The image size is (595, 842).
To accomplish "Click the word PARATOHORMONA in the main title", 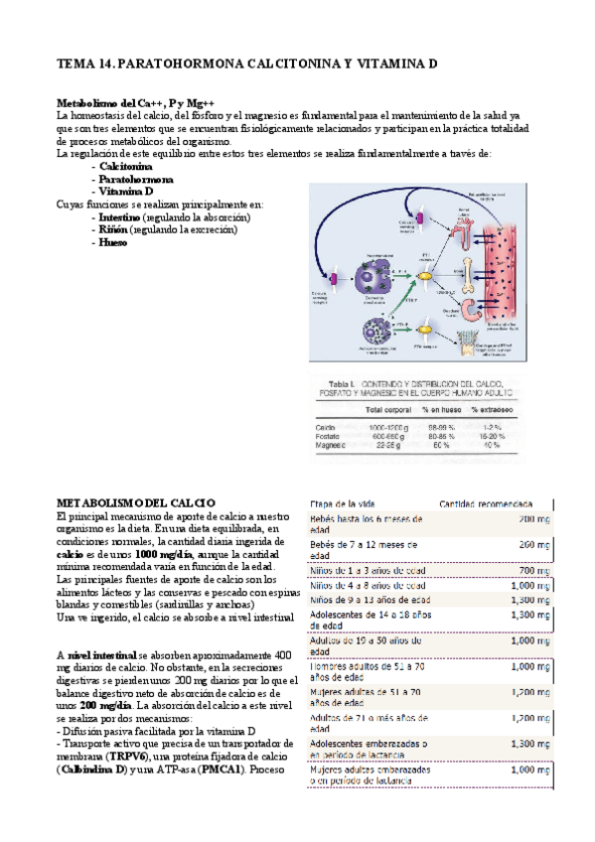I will tap(188, 64).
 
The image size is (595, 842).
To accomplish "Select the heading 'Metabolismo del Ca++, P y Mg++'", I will tap(136, 102).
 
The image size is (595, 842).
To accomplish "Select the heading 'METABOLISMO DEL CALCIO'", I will tap(135, 504).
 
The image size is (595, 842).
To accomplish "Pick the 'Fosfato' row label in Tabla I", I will tap(327, 436).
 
